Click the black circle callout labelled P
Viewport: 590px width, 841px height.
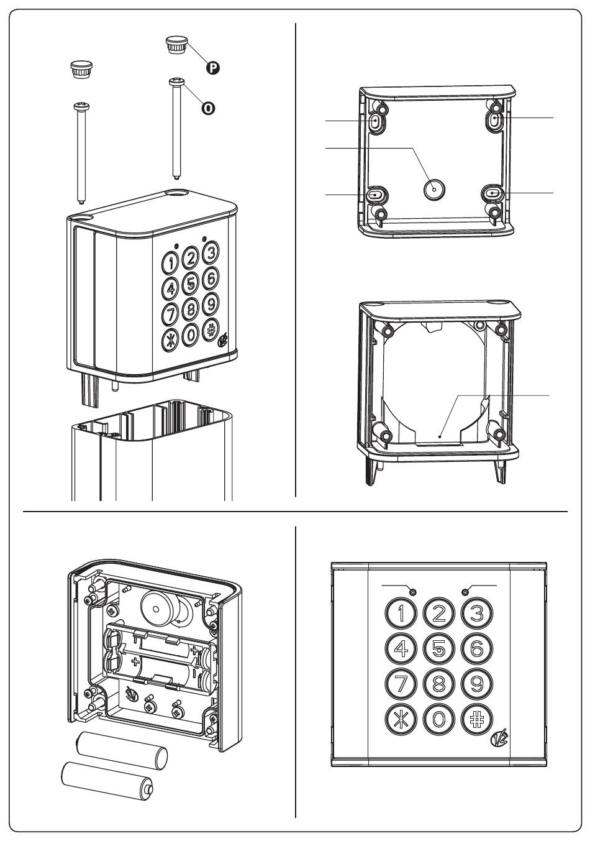(x=213, y=68)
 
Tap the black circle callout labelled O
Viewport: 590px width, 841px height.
(x=208, y=108)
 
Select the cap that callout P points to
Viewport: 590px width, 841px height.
(x=176, y=45)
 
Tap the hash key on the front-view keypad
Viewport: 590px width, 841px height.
(x=477, y=719)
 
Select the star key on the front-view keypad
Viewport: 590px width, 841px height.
(x=401, y=719)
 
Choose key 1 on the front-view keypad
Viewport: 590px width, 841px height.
(x=401, y=614)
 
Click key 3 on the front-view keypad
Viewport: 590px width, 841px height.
(x=477, y=614)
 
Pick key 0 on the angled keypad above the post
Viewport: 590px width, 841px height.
(x=191, y=334)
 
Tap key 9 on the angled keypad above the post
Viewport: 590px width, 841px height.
(x=211, y=304)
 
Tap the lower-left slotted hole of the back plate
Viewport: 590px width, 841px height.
(x=376, y=195)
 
